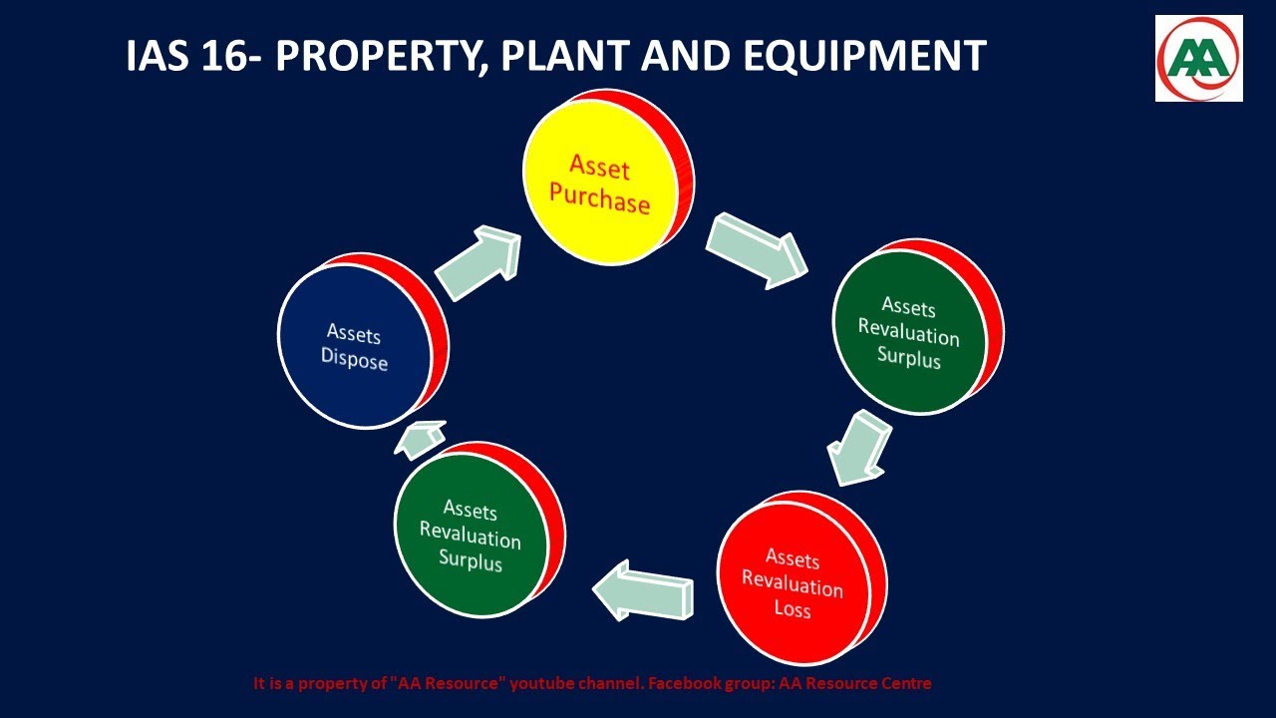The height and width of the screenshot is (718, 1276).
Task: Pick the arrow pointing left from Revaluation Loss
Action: [642, 589]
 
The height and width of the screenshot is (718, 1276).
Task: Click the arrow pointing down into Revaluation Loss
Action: [859, 450]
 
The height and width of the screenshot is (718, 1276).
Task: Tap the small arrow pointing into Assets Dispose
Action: [420, 439]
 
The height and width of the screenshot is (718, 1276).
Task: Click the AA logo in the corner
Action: [1198, 58]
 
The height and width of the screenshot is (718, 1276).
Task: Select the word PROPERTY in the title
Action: [381, 57]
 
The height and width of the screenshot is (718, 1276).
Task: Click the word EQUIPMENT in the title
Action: [865, 57]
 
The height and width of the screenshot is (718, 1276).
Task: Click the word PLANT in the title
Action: [565, 57]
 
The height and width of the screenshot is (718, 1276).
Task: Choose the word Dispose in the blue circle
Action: [354, 360]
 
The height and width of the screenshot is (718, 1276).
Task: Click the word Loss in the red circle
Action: [793, 608]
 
